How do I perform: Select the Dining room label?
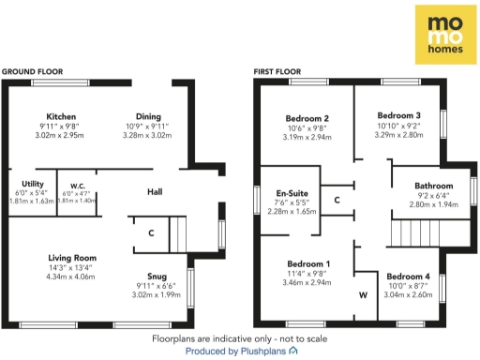pos(149,116)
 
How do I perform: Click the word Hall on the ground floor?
pos(156,192)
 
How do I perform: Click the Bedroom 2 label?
pos(306,119)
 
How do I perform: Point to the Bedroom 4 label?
pos(409,277)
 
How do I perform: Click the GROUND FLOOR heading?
pos(34,71)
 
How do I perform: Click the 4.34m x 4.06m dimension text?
pos(73,277)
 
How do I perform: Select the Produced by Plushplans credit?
pos(241,351)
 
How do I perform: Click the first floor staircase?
pos(418,232)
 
